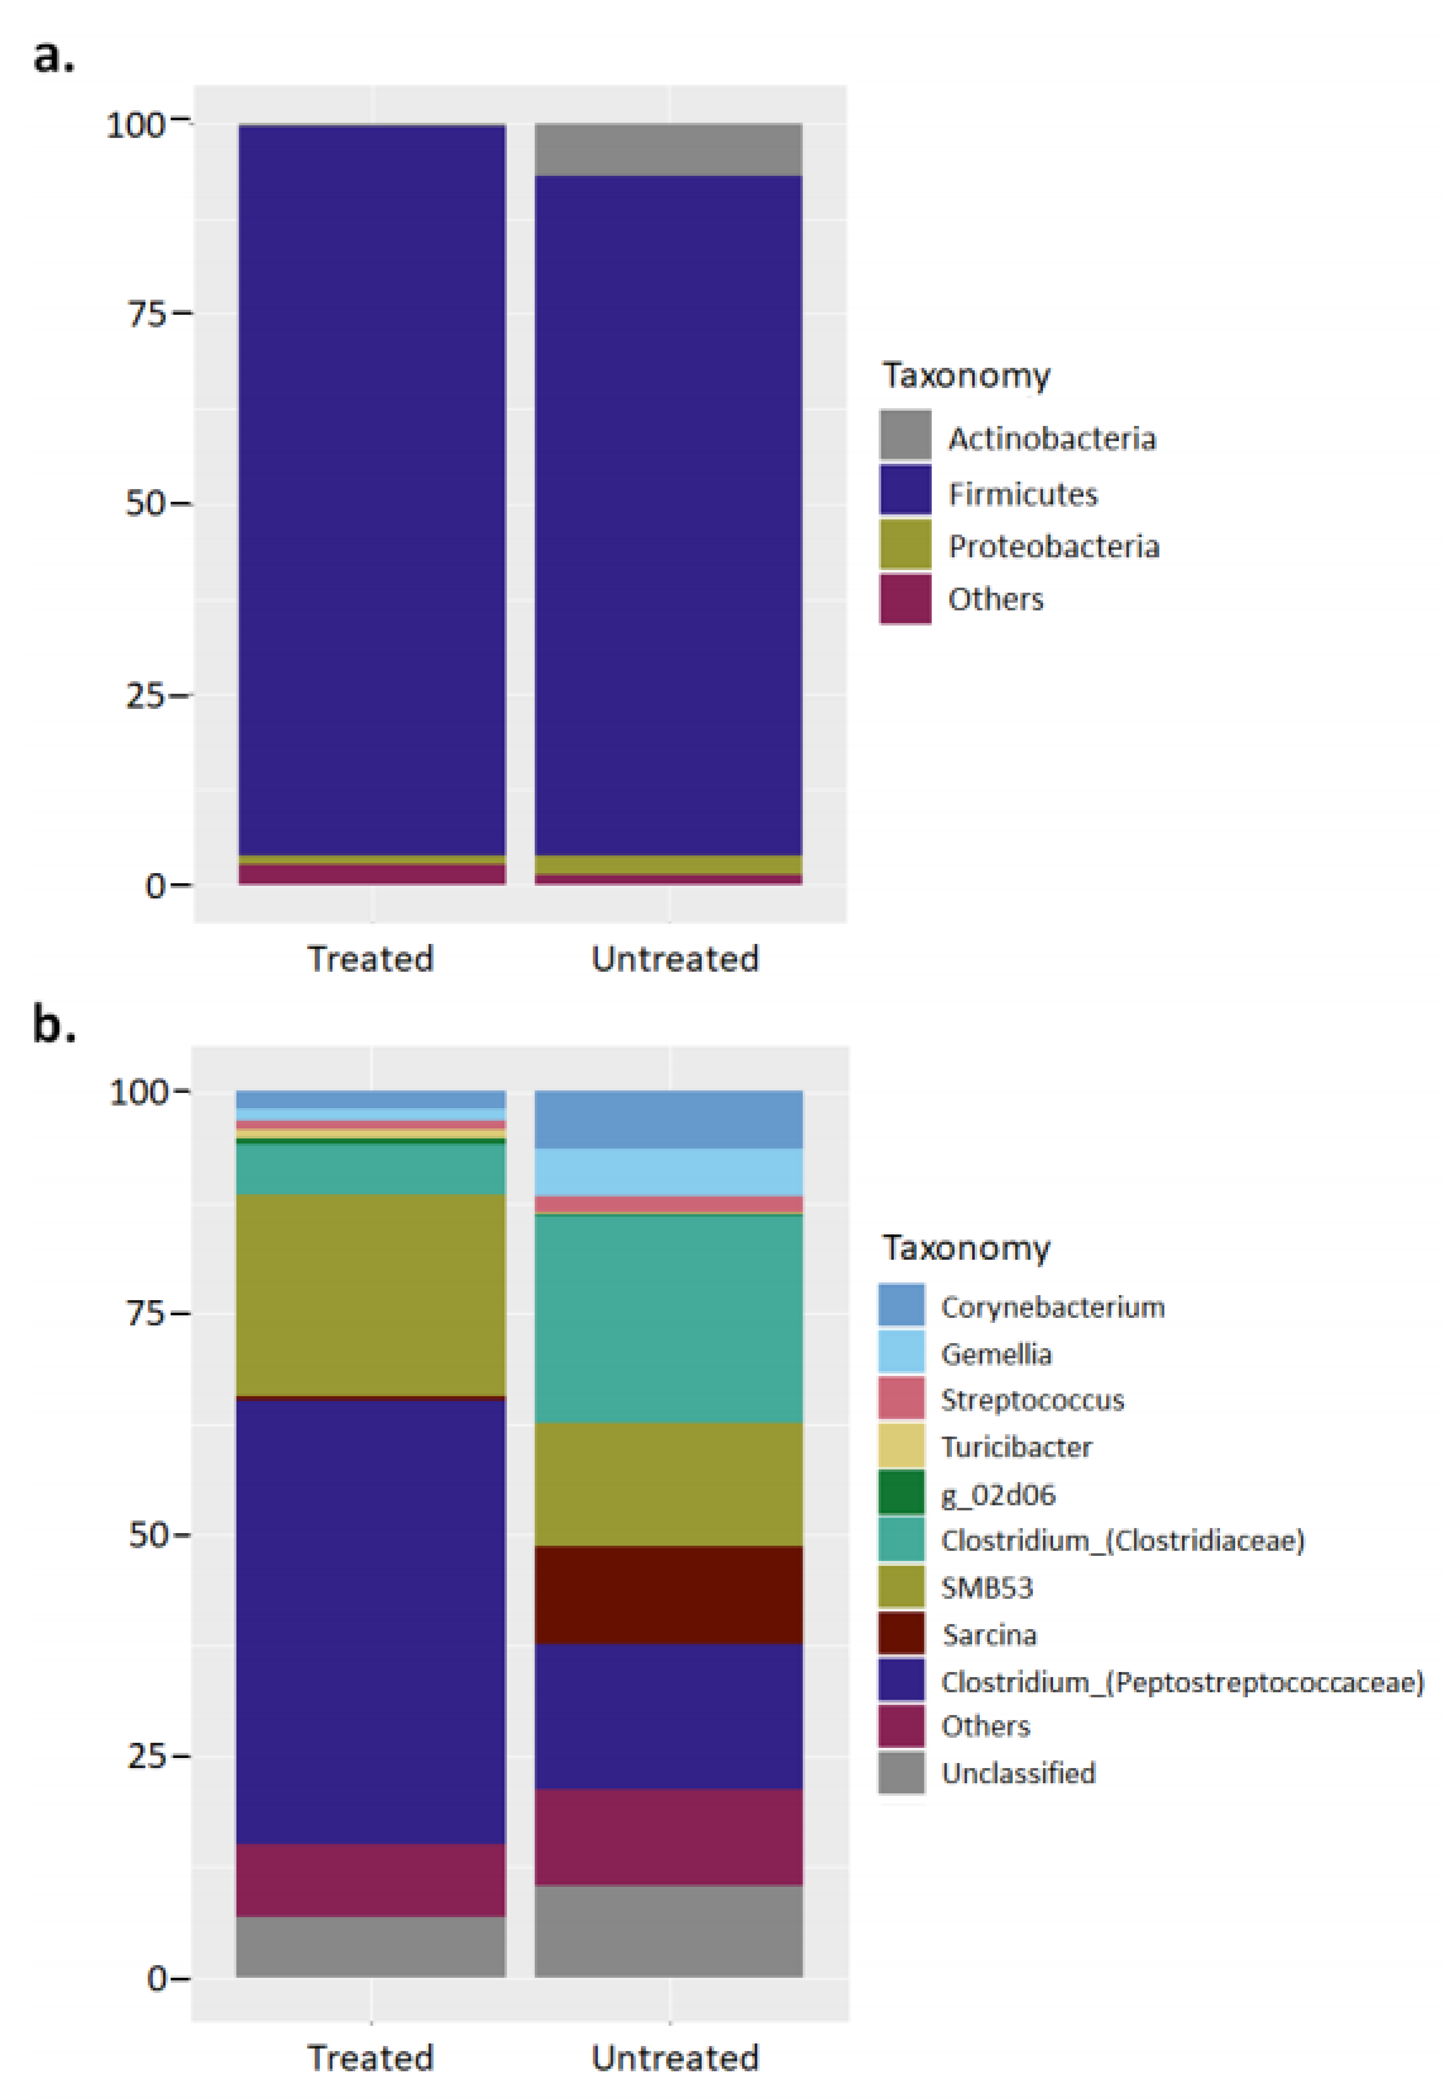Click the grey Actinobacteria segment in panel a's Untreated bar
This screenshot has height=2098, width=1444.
pos(668,149)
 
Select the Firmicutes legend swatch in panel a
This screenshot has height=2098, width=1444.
pos(905,490)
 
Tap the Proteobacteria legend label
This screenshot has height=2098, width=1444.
pos(1053,546)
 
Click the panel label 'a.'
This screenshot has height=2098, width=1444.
pos(54,56)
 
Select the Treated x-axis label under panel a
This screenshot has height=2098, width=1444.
pos(370,959)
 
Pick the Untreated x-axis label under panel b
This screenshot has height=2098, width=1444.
pos(675,2057)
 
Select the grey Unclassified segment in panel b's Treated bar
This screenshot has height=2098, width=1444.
pos(370,1946)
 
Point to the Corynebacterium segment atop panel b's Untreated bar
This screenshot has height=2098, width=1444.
pos(668,1120)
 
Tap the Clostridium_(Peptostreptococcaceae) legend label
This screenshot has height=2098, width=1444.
pos(1182,1682)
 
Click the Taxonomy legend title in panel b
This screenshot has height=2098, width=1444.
pos(965,1248)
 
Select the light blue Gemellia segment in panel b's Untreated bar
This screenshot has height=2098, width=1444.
pos(668,1172)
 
